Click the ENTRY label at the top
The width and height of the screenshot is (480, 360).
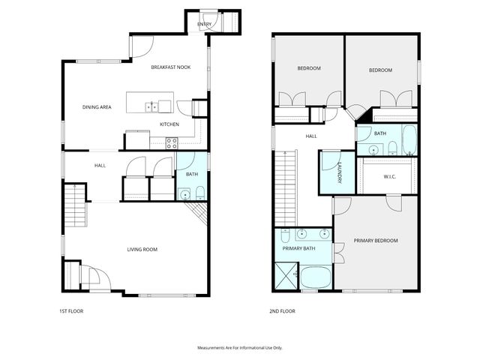pyautogui.click(x=205, y=25)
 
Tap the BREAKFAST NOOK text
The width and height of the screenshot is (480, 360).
pyautogui.click(x=170, y=67)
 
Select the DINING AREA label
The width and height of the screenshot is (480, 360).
pyautogui.click(x=97, y=107)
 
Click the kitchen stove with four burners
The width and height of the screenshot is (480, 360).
pyautogui.click(x=171, y=141)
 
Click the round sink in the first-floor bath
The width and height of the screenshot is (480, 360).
pyautogui.click(x=185, y=195)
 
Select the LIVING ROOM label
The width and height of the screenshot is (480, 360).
pyautogui.click(x=140, y=250)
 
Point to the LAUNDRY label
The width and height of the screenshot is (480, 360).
pyautogui.click(x=339, y=172)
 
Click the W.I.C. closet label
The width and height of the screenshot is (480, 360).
pyautogui.click(x=389, y=177)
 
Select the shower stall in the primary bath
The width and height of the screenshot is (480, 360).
pyautogui.click(x=286, y=275)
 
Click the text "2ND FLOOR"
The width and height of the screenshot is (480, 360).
pyautogui.click(x=282, y=310)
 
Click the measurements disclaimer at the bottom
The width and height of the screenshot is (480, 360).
pyautogui.click(x=239, y=348)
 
